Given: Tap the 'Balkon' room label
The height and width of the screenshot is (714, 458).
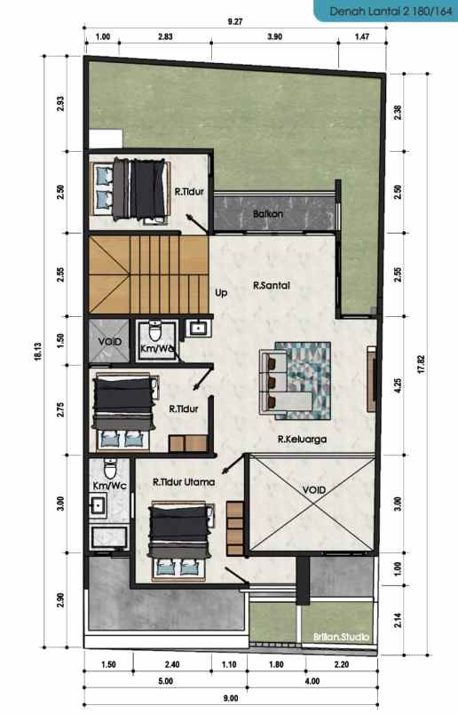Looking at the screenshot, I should pyautogui.click(x=268, y=214).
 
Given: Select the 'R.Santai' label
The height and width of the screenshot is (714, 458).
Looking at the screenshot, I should pyautogui.click(x=272, y=286).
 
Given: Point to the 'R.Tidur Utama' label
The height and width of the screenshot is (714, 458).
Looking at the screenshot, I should pyautogui.click(x=184, y=482).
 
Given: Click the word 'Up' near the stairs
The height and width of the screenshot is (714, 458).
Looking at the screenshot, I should pyautogui.click(x=221, y=291).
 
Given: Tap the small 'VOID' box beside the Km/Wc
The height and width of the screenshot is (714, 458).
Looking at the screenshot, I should pyautogui.click(x=108, y=341).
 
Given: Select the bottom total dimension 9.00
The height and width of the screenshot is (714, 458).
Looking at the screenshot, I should pyautogui.click(x=231, y=699).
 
